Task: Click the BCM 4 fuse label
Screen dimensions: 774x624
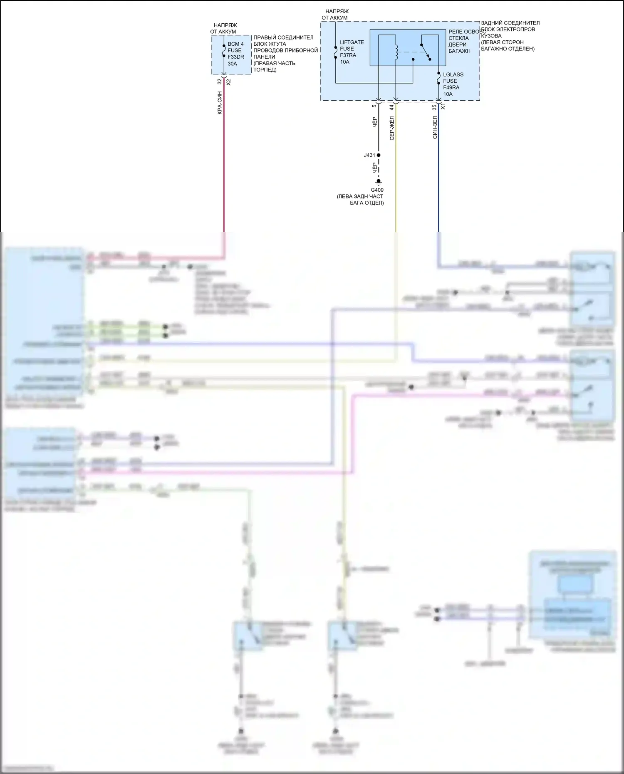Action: click(235, 44)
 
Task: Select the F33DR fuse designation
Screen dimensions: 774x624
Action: click(235, 57)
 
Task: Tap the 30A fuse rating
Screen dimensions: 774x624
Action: click(232, 64)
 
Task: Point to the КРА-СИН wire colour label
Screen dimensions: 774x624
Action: click(220, 103)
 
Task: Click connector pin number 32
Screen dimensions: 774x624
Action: click(220, 82)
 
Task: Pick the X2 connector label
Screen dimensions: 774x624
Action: click(228, 82)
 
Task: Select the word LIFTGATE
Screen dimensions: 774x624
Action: click(352, 42)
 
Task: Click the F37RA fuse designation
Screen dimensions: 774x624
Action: click(348, 55)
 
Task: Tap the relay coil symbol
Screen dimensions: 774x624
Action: click(396, 51)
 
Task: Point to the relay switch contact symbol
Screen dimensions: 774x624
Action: click(426, 51)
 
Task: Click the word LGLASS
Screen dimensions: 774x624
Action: click(453, 75)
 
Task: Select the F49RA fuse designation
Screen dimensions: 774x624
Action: click(451, 88)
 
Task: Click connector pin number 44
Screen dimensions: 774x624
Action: click(391, 107)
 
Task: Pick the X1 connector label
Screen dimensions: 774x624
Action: click(443, 107)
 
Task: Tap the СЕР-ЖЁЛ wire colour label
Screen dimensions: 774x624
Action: click(392, 128)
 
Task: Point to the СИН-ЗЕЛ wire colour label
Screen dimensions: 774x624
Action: click(435, 127)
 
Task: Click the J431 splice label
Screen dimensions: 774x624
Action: click(369, 155)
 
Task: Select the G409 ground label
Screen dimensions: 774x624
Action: click(378, 190)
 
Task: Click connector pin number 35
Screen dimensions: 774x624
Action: click(434, 107)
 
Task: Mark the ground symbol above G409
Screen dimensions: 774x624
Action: click(379, 182)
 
